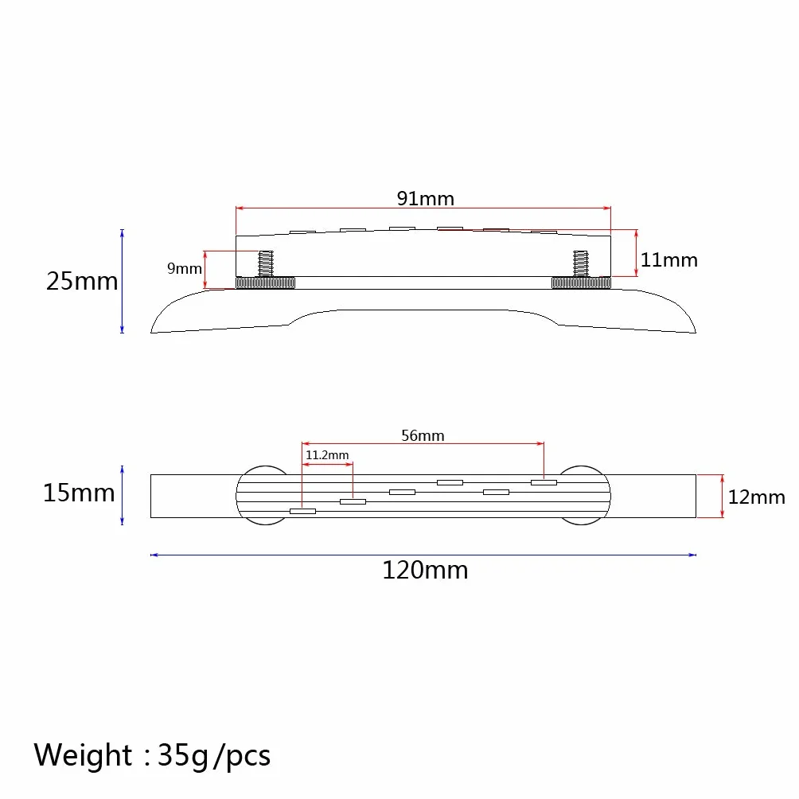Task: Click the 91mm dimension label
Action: click(x=426, y=198)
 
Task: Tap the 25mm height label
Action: click(x=82, y=281)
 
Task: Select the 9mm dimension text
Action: click(x=185, y=268)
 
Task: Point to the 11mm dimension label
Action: click(x=669, y=260)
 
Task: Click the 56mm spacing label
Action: click(x=423, y=435)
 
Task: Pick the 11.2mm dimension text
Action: click(x=327, y=454)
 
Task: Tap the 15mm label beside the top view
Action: click(x=79, y=493)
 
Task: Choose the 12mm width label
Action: click(x=757, y=497)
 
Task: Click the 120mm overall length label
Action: click(x=425, y=570)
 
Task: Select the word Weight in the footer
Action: click(x=83, y=754)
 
